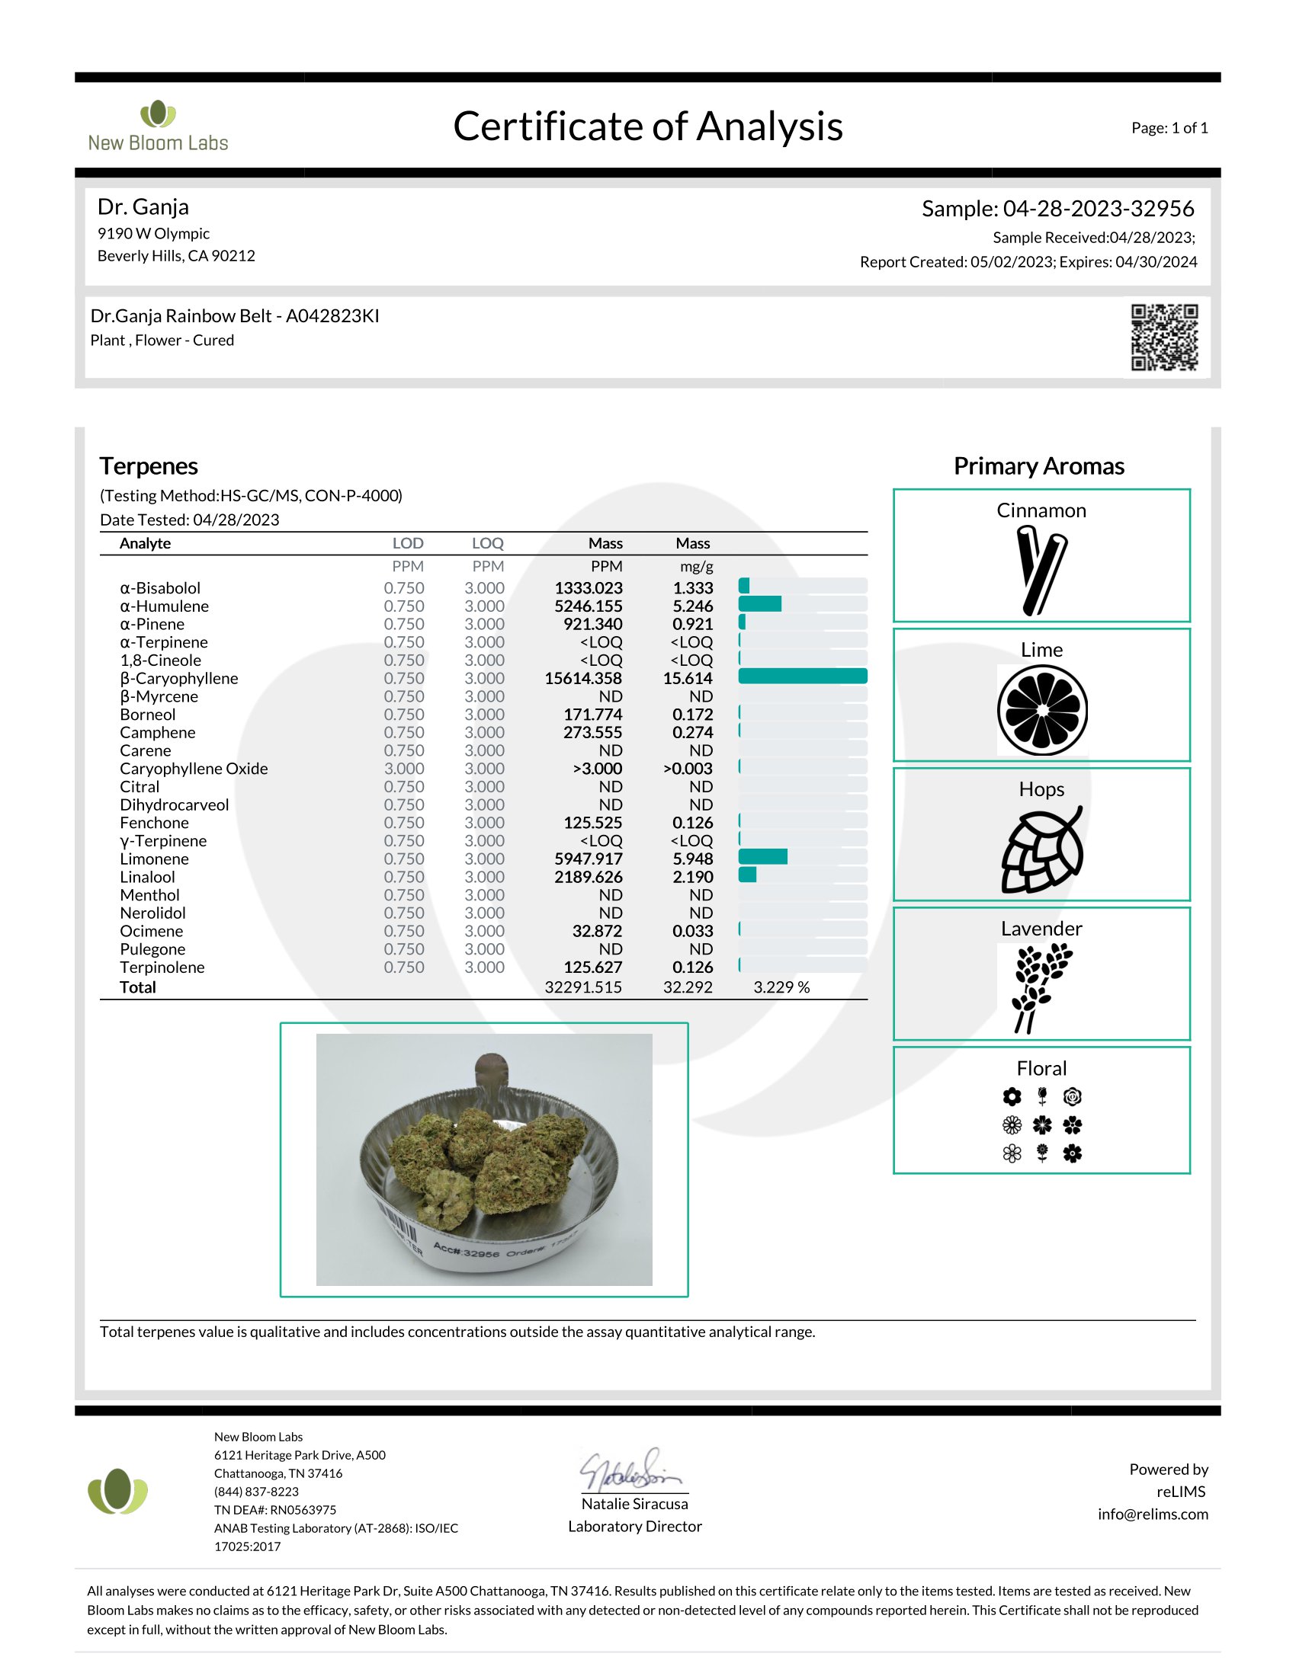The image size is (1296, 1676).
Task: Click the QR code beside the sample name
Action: click(x=1163, y=337)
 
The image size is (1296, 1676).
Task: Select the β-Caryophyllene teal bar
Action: click(x=802, y=676)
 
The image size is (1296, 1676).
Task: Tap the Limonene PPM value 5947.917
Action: click(x=588, y=859)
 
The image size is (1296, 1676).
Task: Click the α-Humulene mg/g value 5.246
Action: click(x=692, y=606)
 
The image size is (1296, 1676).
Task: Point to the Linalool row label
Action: click(x=147, y=877)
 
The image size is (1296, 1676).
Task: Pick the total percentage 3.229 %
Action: click(x=781, y=987)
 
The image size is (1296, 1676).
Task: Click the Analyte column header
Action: click(x=145, y=543)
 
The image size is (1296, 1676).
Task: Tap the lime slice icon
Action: click(x=1042, y=710)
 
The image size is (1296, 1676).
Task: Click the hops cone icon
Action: click(x=1042, y=849)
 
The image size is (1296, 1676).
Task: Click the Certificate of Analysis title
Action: click(x=647, y=126)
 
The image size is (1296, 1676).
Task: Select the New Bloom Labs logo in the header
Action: click(x=158, y=126)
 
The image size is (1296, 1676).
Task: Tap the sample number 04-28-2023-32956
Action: click(x=1098, y=209)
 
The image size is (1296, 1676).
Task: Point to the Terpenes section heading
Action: click(x=149, y=466)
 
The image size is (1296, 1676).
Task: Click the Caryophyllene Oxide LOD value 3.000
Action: click(x=404, y=769)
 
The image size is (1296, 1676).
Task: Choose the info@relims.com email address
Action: click(x=1153, y=1514)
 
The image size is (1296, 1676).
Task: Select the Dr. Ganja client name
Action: click(x=143, y=207)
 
